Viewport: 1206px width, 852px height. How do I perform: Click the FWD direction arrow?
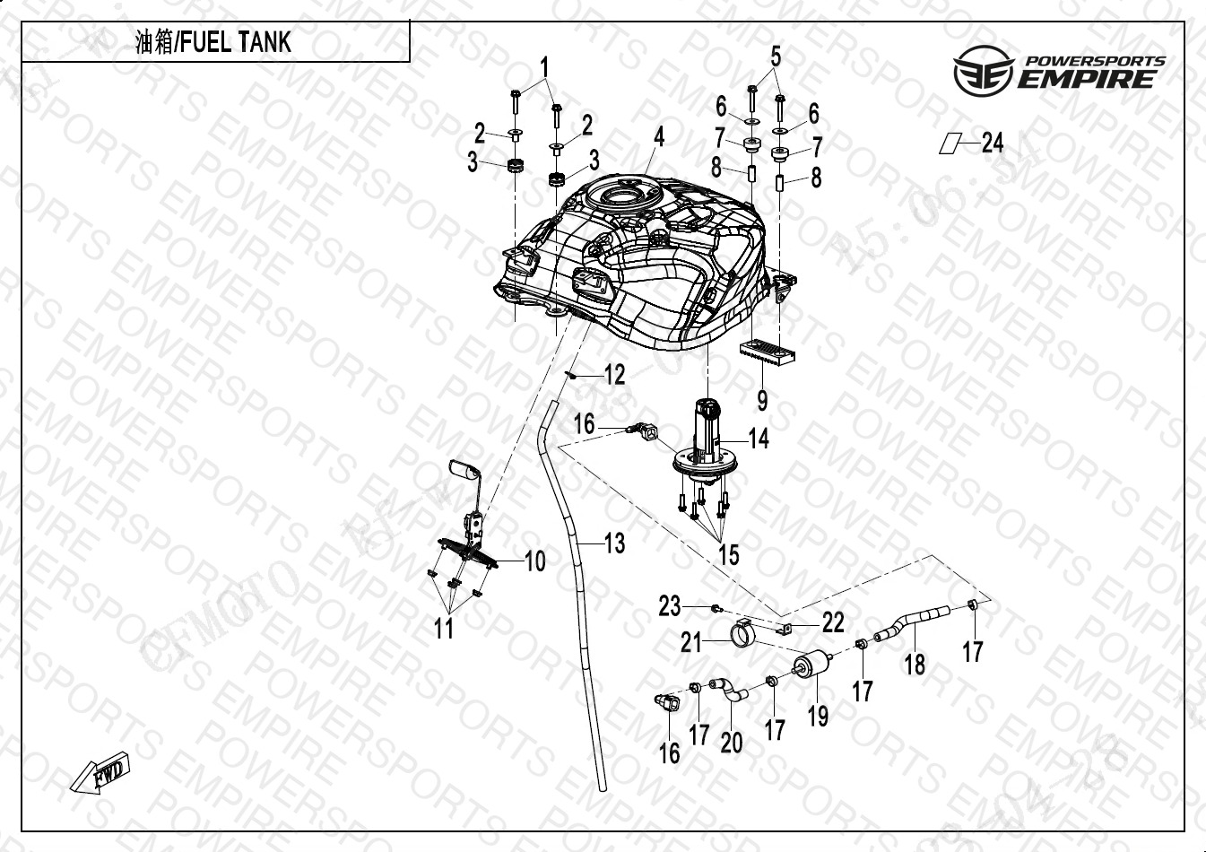100,774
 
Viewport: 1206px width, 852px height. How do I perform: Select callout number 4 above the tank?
659,137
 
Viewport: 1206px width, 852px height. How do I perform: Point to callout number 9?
762,399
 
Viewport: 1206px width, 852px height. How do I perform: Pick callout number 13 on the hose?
614,543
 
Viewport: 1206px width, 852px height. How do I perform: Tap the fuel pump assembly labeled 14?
707,439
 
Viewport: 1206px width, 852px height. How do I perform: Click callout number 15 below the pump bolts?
729,554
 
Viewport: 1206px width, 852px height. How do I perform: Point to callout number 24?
993,143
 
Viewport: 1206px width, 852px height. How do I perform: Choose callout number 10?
534,562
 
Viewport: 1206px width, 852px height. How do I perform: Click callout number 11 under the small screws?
444,629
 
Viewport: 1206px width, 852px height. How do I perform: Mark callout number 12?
614,374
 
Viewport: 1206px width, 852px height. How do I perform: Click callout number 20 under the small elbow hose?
732,743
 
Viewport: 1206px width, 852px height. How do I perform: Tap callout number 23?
670,607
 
